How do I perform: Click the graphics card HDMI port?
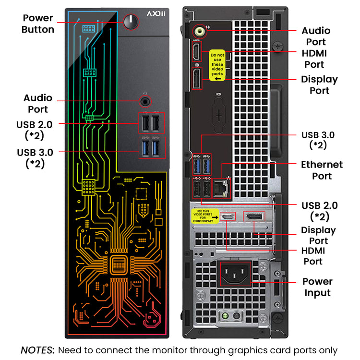[228, 217]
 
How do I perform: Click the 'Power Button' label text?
[38, 24]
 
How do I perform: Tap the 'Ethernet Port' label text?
[322, 170]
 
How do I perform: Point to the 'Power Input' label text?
[317, 287]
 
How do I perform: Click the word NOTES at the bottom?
[37, 350]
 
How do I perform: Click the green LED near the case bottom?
[224, 316]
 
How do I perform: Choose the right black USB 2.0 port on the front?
[156, 124]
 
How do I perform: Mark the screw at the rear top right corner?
[276, 47]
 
